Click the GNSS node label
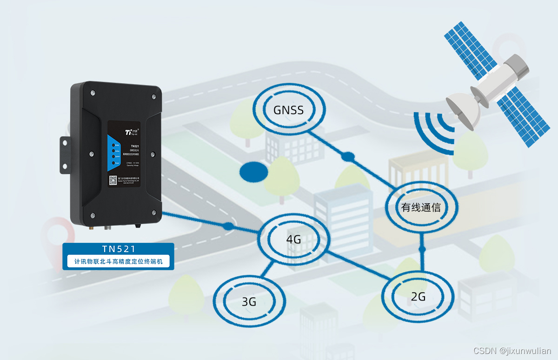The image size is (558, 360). click(x=288, y=110)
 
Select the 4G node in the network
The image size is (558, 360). click(x=293, y=240)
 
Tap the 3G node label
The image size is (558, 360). click(x=249, y=301)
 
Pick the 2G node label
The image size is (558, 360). click(x=418, y=296)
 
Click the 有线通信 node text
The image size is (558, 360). click(x=421, y=207)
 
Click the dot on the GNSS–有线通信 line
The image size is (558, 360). click(x=348, y=157)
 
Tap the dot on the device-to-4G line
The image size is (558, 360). click(x=228, y=227)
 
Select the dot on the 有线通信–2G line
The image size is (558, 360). click(x=422, y=250)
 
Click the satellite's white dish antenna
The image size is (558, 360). click(x=460, y=110)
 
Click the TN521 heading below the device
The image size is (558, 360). click(x=118, y=249)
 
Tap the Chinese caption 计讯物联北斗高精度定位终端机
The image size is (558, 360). click(x=118, y=261)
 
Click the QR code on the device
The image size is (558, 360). click(x=113, y=180)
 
